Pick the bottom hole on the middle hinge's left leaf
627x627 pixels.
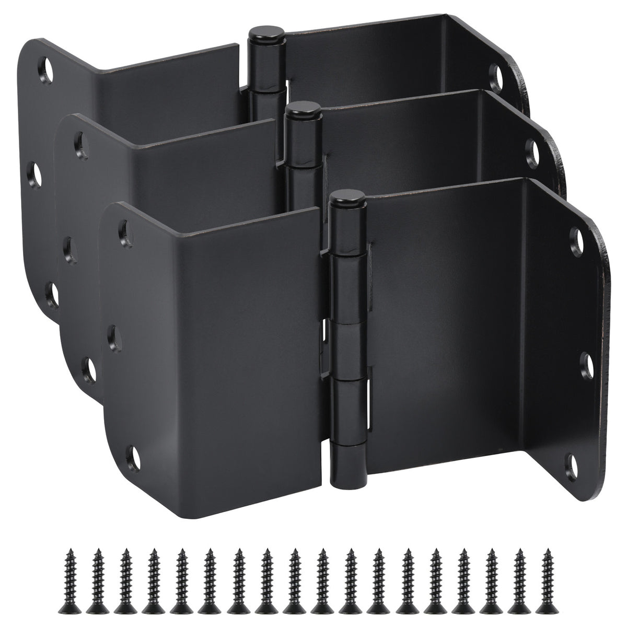pos(89,368)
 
